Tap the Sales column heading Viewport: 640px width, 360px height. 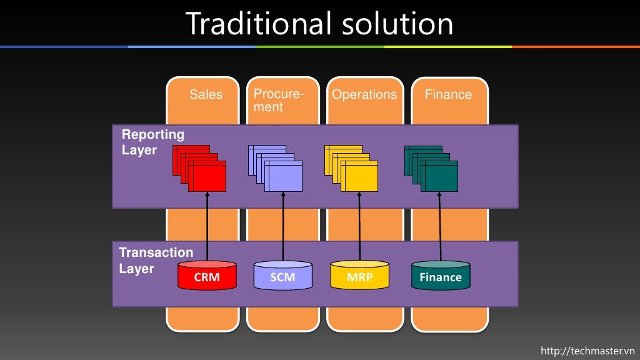pyautogui.click(x=206, y=94)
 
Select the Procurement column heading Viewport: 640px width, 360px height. pyautogui.click(x=278, y=100)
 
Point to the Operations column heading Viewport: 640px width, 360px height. pyautogui.click(x=364, y=94)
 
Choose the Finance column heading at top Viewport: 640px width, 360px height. pyautogui.click(x=448, y=94)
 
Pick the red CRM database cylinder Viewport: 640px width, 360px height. pyautogui.click(x=207, y=276)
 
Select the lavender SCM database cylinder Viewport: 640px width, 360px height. pyautogui.click(x=282, y=276)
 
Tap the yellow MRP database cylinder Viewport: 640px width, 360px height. pyautogui.click(x=359, y=276)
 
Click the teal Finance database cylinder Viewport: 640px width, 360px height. pyautogui.click(x=441, y=276)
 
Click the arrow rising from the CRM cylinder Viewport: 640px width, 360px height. pyautogui.click(x=207, y=225)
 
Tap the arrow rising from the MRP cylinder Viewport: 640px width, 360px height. pyautogui.click(x=359, y=225)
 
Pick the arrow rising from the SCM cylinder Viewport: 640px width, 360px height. pyautogui.click(x=283, y=225)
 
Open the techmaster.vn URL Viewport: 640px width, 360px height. pyautogui.click(x=587, y=351)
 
